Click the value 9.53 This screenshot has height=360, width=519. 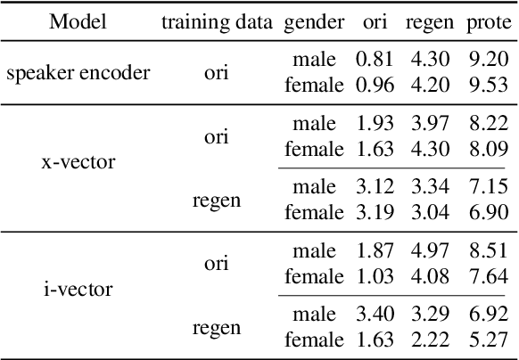point(488,86)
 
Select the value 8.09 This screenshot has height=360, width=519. point(488,150)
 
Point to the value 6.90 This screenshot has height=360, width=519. point(488,212)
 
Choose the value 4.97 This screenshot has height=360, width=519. point(431,251)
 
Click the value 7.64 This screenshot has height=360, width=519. point(488,276)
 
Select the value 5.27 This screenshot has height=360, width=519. point(488,339)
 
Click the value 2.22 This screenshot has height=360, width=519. point(431,339)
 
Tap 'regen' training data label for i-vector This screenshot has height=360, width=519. point(217,327)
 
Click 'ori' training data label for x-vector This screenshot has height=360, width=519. point(217,137)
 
